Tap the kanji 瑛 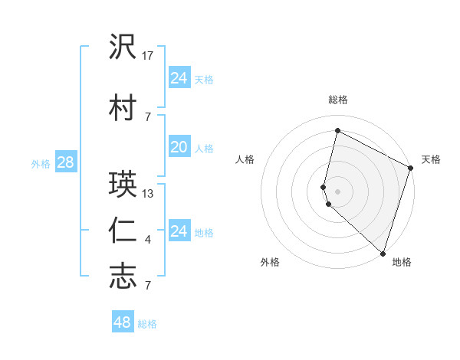coord(123,184)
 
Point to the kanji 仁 coord(123,231)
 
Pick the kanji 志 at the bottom coord(123,275)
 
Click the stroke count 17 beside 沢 coord(149,56)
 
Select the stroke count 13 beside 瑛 coord(149,194)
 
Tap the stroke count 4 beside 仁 coord(148,241)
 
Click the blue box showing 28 coord(65,162)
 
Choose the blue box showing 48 coord(123,322)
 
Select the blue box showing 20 coord(179,147)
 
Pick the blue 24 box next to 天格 coord(179,78)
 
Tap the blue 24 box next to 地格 coord(179,231)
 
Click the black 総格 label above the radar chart coord(338,100)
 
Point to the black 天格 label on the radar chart coord(431,159)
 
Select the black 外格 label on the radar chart coord(270,262)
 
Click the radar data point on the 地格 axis coord(383,254)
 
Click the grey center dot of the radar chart coord(337,191)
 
